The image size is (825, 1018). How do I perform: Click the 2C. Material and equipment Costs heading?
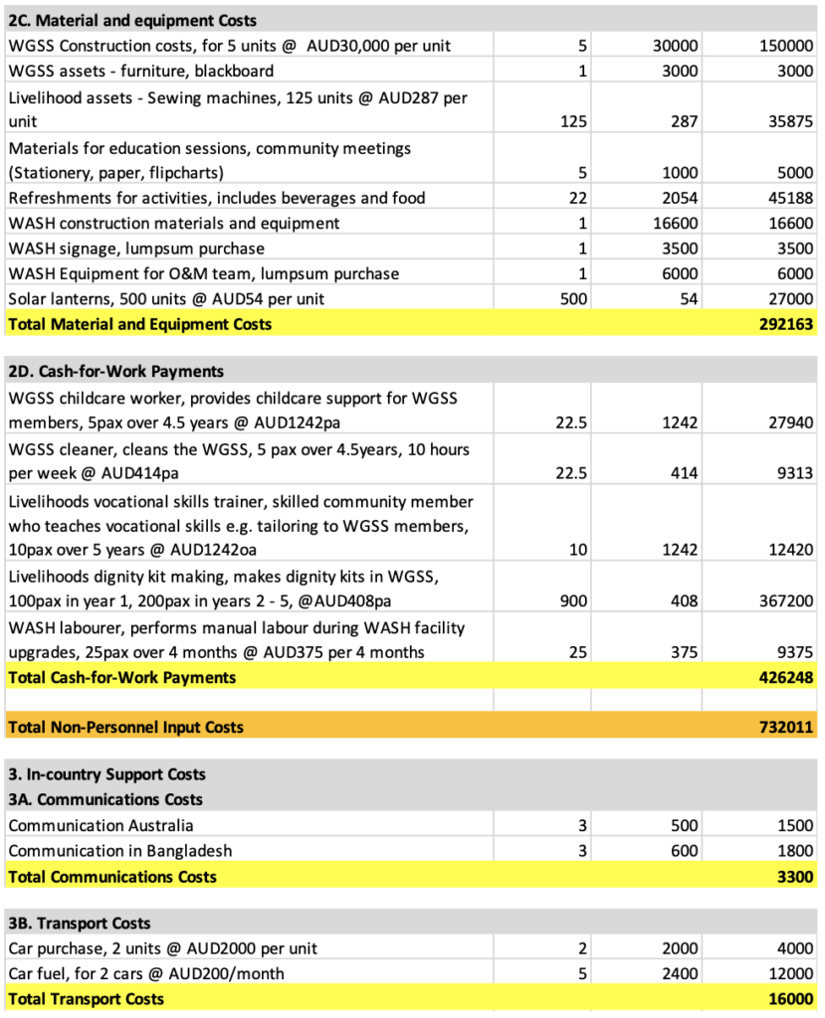(131, 20)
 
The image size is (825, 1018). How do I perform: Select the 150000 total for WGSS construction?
(785, 46)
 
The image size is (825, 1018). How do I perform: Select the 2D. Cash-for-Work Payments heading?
(115, 372)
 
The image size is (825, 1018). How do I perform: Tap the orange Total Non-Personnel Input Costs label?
(125, 727)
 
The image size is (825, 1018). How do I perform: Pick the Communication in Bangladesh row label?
(119, 851)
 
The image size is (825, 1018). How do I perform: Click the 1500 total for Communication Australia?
(793, 825)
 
